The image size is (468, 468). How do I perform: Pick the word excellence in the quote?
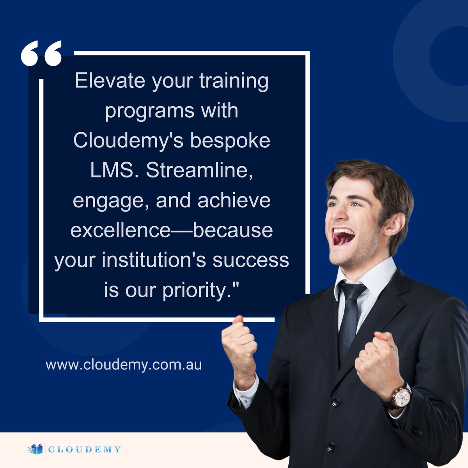pyautogui.click(x=120, y=230)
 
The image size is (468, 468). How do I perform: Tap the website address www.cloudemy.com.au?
pyautogui.click(x=124, y=365)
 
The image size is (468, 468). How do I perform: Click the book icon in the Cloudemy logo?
pyautogui.click(x=35, y=449)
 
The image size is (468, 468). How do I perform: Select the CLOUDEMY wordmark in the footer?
pyautogui.click(x=84, y=450)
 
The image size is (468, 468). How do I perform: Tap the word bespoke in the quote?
pyautogui.click(x=230, y=140)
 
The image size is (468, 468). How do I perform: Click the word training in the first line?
pyautogui.click(x=234, y=81)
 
